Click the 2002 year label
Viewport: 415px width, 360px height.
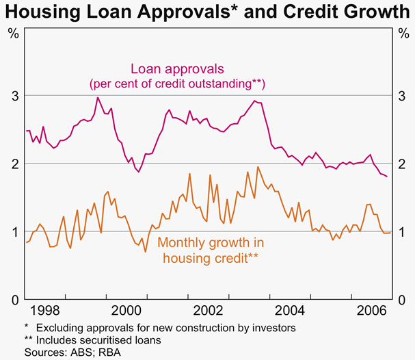[206, 309]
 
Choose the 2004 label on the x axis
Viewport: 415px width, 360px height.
[285, 309]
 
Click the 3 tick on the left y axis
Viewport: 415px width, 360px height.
[14, 95]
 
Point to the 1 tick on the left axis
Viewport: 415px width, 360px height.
[14, 231]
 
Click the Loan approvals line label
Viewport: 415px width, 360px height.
[178, 69]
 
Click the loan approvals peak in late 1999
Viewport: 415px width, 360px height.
[98, 97]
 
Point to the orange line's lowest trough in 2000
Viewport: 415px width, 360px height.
[145, 252]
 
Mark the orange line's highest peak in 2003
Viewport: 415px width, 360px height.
[258, 166]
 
